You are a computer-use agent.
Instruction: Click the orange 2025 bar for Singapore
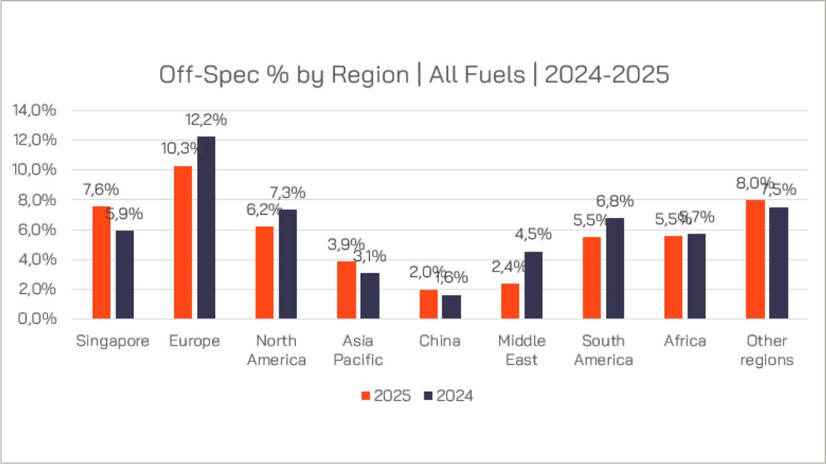click(x=101, y=262)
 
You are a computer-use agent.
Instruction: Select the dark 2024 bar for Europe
click(x=206, y=227)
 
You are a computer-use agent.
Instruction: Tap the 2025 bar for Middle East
click(x=510, y=301)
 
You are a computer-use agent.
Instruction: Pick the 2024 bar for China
click(x=451, y=307)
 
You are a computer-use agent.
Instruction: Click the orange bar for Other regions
click(x=755, y=259)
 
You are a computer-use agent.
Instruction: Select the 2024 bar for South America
click(x=614, y=268)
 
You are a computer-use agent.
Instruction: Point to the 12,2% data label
click(x=206, y=120)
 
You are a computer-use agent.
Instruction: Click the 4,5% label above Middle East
click(x=533, y=233)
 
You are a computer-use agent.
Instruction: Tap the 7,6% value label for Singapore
click(x=101, y=190)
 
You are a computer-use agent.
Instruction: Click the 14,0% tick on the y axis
click(x=35, y=110)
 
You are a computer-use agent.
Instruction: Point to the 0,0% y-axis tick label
click(x=35, y=319)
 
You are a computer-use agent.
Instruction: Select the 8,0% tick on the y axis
click(x=35, y=200)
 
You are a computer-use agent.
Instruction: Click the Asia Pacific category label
click(x=358, y=350)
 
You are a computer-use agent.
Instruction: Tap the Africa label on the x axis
click(x=685, y=341)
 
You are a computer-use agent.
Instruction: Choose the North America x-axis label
click(x=276, y=350)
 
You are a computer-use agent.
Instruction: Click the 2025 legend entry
click(x=386, y=396)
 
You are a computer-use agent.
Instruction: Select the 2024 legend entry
click(x=448, y=396)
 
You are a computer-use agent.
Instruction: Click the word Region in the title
click(x=370, y=75)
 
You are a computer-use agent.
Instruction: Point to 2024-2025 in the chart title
click(x=607, y=75)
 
